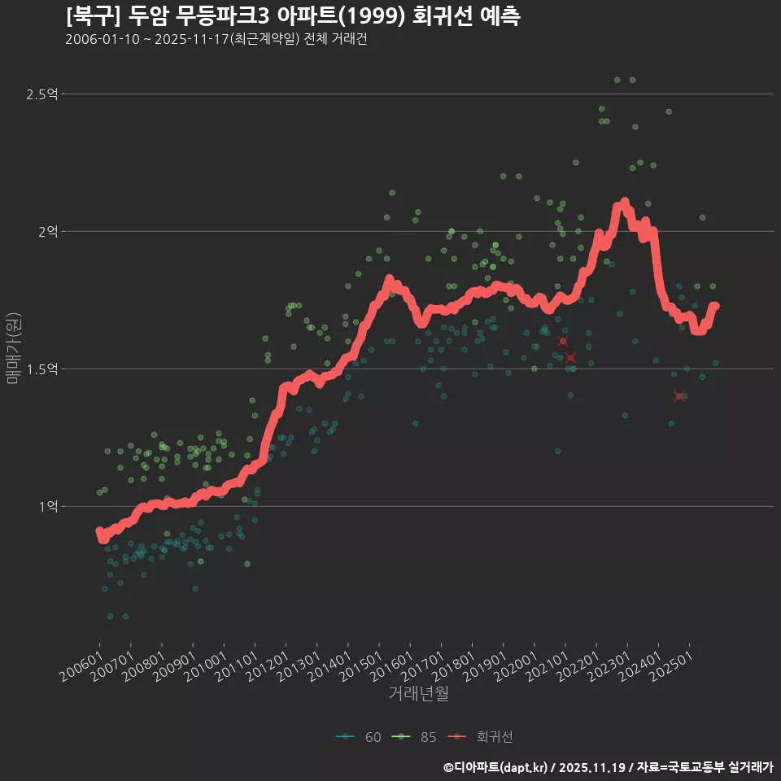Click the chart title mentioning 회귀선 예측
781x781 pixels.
coord(293,16)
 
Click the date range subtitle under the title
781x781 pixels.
coord(216,40)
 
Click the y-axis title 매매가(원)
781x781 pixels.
coord(14,348)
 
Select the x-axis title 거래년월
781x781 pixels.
coord(418,693)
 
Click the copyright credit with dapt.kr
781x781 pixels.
coord(608,766)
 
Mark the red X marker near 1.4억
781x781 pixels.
coord(680,396)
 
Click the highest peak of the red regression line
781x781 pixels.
coord(624,203)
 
